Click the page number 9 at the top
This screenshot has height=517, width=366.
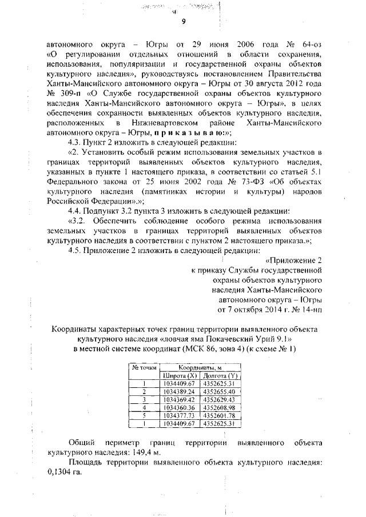[x=184, y=22]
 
